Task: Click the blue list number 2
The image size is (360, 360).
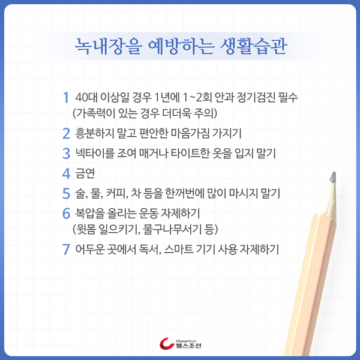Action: point(66,132)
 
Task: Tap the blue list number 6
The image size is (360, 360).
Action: point(66,214)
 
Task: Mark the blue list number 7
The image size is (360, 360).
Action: point(66,249)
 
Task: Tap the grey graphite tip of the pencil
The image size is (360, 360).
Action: point(329,178)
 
